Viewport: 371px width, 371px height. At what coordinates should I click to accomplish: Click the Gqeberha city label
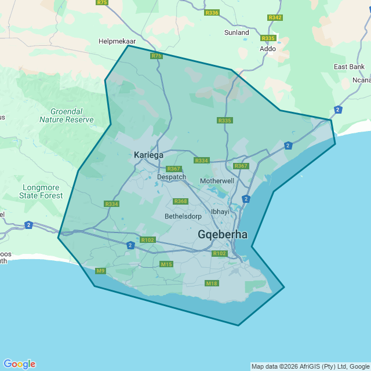pyautogui.click(x=223, y=235)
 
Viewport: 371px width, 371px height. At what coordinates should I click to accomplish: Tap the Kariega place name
pyautogui.click(x=148, y=155)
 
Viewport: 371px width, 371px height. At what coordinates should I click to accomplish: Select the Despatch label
pyautogui.click(x=172, y=177)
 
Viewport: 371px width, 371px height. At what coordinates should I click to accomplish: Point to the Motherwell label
pyautogui.click(x=217, y=181)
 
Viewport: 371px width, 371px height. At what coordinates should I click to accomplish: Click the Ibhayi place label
pyautogui.click(x=220, y=212)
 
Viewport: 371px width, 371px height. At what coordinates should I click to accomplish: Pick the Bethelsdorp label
pyautogui.click(x=183, y=216)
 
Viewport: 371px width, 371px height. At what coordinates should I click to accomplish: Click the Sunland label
pyautogui.click(x=237, y=32)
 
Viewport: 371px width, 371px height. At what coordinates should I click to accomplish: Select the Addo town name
pyautogui.click(x=268, y=49)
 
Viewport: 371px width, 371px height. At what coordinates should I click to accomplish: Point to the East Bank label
pyautogui.click(x=349, y=67)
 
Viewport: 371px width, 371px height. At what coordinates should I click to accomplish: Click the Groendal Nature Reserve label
pyautogui.click(x=66, y=115)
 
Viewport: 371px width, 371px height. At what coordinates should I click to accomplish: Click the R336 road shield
pyautogui.click(x=212, y=13)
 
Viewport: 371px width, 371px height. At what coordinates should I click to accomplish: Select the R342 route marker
pyautogui.click(x=275, y=17)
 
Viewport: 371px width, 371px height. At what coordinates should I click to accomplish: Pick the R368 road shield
pyautogui.click(x=181, y=201)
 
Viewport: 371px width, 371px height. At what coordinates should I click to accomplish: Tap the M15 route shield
pyautogui.click(x=167, y=264)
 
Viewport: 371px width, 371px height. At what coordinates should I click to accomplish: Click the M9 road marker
pyautogui.click(x=101, y=271)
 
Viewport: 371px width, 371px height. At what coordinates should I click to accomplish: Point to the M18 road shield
pyautogui.click(x=212, y=283)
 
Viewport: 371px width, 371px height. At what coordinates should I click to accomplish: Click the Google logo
pyautogui.click(x=19, y=364)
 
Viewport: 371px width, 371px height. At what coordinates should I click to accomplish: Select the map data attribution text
pyautogui.click(x=310, y=366)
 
